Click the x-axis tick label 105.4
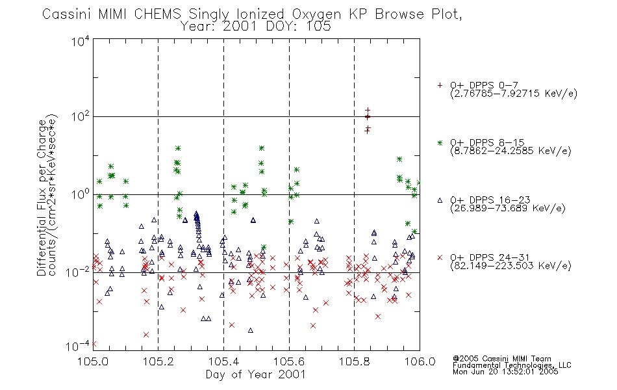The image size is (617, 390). tap(223, 361)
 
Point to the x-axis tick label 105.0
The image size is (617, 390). tap(93, 361)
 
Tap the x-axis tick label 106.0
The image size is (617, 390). tap(420, 361)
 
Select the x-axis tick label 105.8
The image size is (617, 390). tap(355, 361)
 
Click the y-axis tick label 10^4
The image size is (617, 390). tap(81, 41)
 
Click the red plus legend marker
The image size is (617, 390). tap(440, 85)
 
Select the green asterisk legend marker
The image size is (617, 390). tap(440, 142)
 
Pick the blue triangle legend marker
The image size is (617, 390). tap(440, 200)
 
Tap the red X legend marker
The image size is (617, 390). tap(440, 257)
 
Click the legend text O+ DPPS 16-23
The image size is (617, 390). tap(490, 200)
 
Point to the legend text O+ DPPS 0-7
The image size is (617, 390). tap(485, 85)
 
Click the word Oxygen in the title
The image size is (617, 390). tap(316, 15)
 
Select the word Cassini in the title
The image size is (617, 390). tap(67, 14)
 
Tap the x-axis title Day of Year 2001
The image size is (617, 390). tap(256, 374)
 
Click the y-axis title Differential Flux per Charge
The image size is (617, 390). tap(42, 198)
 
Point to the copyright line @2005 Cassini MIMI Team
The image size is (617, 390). tap(501, 359)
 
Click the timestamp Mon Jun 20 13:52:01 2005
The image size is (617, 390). tap(505, 371)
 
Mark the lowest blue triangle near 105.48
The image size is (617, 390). tap(251, 330)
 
